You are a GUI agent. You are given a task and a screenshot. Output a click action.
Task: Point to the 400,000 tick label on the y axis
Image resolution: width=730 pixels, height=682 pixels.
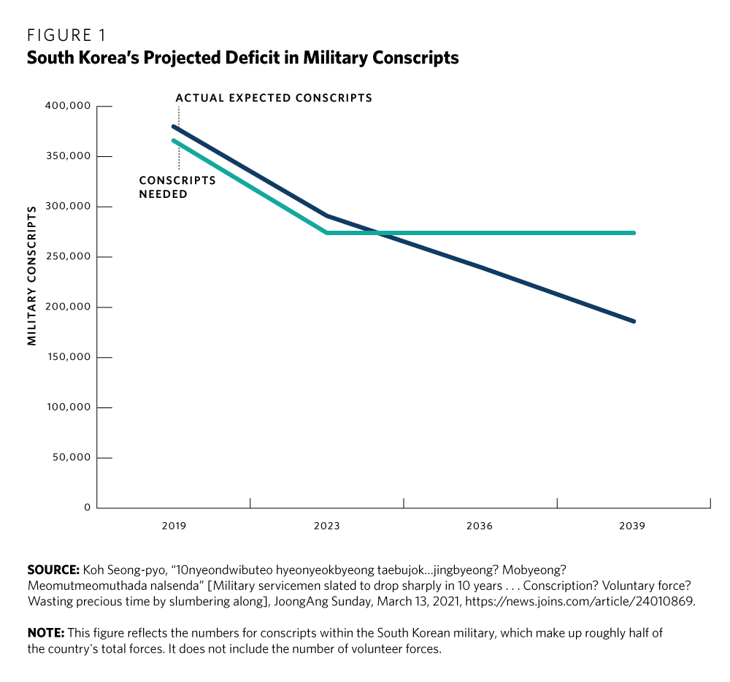[68, 106]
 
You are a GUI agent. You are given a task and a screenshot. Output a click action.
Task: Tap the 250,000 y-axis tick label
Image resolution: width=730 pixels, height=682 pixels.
[68, 257]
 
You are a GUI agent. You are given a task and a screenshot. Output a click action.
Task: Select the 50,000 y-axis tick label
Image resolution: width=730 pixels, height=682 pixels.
[71, 458]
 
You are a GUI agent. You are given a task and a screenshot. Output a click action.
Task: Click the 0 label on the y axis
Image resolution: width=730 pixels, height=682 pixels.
[87, 507]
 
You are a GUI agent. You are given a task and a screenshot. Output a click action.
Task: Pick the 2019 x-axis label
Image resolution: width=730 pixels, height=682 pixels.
[174, 526]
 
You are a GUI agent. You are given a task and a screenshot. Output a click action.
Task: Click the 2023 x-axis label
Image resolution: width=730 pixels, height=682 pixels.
[326, 526]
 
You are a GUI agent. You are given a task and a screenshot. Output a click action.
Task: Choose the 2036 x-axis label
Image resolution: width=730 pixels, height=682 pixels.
[480, 526]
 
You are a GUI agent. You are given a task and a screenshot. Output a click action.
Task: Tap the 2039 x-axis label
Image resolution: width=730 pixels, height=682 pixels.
[633, 526]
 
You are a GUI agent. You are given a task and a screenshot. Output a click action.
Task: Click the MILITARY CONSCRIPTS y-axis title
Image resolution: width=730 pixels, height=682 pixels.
[32, 276]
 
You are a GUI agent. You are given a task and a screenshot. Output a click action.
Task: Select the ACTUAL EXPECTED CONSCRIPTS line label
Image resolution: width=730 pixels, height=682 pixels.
[274, 98]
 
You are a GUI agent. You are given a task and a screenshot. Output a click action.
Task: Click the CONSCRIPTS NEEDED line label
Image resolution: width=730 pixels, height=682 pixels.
[177, 187]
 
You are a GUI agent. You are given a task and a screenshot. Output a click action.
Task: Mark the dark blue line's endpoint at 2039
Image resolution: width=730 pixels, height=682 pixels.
[634, 321]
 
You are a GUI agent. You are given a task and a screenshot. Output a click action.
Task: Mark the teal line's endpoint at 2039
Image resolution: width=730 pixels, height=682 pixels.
[634, 233]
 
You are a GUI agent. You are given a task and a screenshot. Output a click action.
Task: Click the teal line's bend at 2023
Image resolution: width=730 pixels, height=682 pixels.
[327, 233]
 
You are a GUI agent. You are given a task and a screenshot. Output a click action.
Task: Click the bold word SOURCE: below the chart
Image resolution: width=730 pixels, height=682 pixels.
[53, 568]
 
